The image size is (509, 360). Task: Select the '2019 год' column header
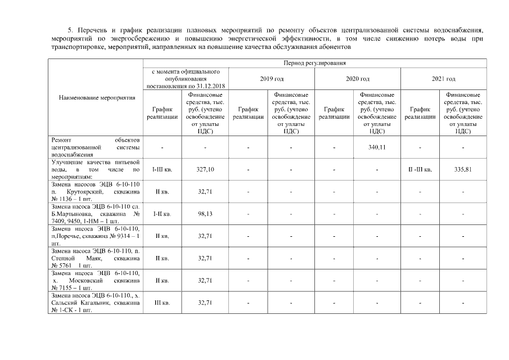point(272,79)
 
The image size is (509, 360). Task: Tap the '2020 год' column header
point(357,79)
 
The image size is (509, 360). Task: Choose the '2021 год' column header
point(443,79)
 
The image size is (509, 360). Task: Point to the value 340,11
point(376,147)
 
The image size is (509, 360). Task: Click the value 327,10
point(205,169)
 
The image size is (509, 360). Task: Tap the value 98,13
point(205,214)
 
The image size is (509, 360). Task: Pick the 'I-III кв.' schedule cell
point(162,169)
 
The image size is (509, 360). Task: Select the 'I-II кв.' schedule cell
point(162,214)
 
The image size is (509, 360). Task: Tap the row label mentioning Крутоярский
point(95,191)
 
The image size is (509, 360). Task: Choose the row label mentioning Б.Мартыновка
point(95,214)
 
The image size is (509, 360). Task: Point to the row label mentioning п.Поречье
point(95,236)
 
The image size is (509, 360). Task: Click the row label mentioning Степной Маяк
point(95,258)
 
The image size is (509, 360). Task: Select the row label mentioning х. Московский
point(95,280)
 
